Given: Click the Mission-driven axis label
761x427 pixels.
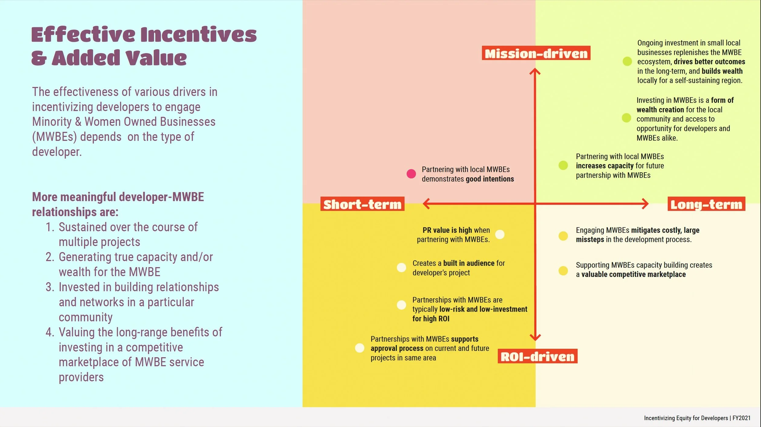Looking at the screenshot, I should [x=536, y=53].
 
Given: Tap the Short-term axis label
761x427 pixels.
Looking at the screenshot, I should [x=362, y=204].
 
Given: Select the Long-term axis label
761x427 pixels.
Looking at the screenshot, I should [x=706, y=204].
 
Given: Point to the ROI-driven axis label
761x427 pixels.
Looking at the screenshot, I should [x=538, y=356].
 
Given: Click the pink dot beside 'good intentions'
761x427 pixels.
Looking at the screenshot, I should [x=411, y=174].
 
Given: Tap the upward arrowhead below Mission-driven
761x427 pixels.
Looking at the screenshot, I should [x=535, y=72].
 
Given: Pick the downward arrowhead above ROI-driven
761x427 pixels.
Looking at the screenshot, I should [x=535, y=337].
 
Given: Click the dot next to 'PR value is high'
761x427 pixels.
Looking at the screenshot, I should [x=500, y=234].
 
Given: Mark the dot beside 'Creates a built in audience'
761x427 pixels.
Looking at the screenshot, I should [x=402, y=268].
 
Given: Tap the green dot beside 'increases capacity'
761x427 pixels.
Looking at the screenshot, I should [x=563, y=165].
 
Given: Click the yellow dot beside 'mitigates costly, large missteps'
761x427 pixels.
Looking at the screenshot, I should [x=563, y=236].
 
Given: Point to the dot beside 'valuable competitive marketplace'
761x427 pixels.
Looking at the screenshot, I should [x=563, y=271].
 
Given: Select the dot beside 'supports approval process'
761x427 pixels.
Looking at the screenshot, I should [x=360, y=348].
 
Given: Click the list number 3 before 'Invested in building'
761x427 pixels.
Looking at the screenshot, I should [x=50, y=287].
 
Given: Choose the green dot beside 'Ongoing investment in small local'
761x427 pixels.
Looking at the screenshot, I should [x=627, y=61].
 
